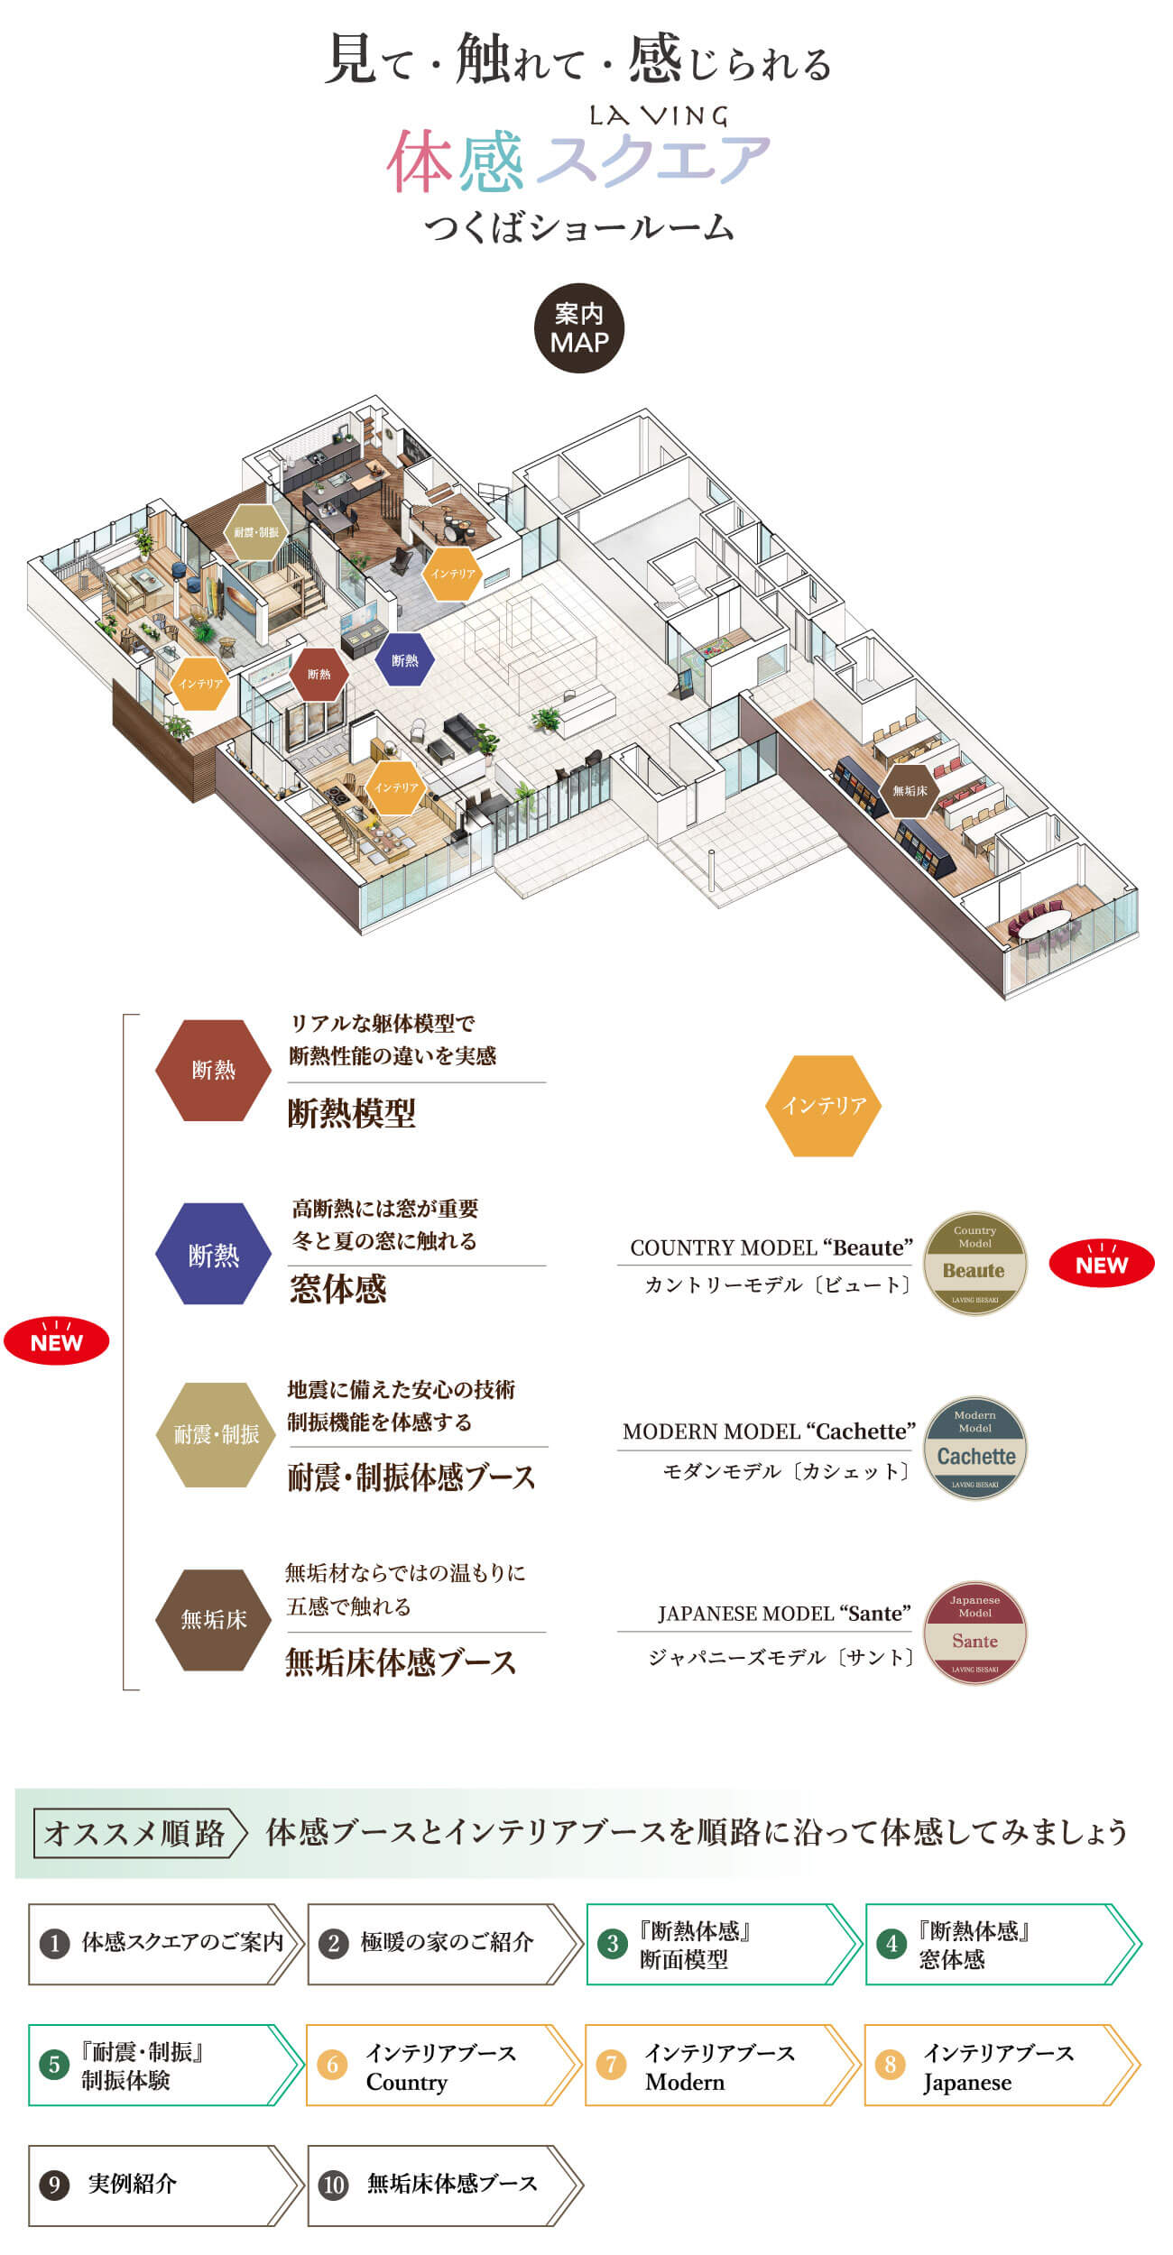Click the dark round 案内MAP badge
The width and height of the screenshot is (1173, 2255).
[x=578, y=328]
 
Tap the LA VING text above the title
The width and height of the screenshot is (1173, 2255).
[x=658, y=115]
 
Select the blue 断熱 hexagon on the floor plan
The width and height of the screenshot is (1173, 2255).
[x=404, y=660]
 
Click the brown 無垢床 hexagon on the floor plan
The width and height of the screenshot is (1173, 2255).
[x=909, y=790]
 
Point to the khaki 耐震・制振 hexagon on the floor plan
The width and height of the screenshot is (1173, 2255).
[x=256, y=532]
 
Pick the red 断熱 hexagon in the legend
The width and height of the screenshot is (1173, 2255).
[x=214, y=1070]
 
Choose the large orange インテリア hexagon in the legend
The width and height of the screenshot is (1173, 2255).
[x=823, y=1105]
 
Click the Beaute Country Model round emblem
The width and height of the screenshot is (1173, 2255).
[x=974, y=1262]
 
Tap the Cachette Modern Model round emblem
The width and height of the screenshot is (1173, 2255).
[x=974, y=1448]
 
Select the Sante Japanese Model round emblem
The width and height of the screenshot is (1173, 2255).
[x=974, y=1633]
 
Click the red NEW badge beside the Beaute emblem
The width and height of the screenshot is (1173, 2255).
[x=1101, y=1264]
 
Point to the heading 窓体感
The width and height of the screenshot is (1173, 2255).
[x=338, y=1289]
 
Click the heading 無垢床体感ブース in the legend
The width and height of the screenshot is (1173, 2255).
[x=401, y=1661]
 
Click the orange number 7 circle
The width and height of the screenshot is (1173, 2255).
[x=611, y=2064]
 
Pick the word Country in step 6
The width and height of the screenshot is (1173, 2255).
[x=406, y=2082]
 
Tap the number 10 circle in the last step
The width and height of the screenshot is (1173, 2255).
[x=334, y=2184]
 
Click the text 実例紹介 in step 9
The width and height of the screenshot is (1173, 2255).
[x=132, y=2183]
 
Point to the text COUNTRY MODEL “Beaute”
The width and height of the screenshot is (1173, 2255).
[x=771, y=1247]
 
